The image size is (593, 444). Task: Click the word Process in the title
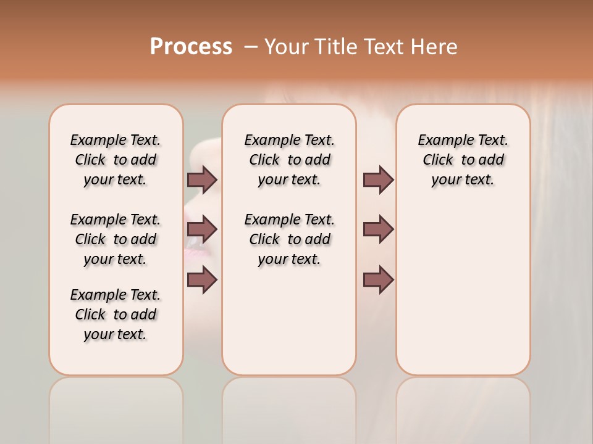click(x=191, y=47)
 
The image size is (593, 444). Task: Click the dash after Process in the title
click(x=250, y=47)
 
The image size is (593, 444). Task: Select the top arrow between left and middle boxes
click(x=202, y=179)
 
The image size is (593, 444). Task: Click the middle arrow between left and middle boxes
click(x=202, y=229)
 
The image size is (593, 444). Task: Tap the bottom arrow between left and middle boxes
click(x=202, y=280)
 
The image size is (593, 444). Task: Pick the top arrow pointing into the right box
click(x=378, y=179)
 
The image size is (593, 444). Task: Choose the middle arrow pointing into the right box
click(x=378, y=229)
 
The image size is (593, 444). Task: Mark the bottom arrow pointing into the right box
click(x=378, y=280)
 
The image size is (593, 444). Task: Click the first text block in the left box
click(x=116, y=160)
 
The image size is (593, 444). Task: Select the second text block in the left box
click(x=116, y=239)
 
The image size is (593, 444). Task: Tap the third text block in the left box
click(x=116, y=314)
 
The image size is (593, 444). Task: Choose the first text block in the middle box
click(x=289, y=160)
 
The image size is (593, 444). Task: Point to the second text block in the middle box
click(x=289, y=239)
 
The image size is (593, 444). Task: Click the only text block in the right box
click(x=463, y=160)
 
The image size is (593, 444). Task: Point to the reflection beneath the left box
click(x=116, y=407)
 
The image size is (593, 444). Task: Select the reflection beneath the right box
click(x=463, y=407)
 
